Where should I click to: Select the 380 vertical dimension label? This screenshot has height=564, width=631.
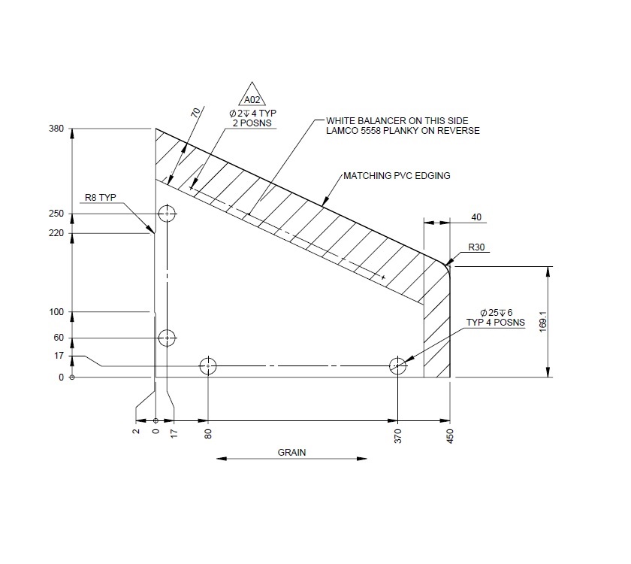pyautogui.click(x=56, y=129)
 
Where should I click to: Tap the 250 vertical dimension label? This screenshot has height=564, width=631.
pyautogui.click(x=56, y=214)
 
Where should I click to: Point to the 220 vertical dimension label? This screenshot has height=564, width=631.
pyautogui.click(x=56, y=233)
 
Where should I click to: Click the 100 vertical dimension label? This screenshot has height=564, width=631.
pyautogui.click(x=56, y=311)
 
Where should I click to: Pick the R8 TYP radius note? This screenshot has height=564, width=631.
pyautogui.click(x=100, y=197)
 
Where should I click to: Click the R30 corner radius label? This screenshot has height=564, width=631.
pyautogui.click(x=476, y=247)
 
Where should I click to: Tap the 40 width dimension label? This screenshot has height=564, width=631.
pyautogui.click(x=476, y=217)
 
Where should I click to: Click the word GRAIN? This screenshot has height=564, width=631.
pyautogui.click(x=292, y=453)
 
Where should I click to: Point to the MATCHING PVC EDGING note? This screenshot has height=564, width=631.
pyautogui.click(x=397, y=176)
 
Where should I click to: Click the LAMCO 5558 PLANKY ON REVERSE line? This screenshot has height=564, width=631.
pyautogui.click(x=403, y=131)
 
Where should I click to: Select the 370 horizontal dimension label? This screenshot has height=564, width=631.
pyautogui.click(x=398, y=435)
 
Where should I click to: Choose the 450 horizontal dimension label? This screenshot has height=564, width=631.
pyautogui.click(x=451, y=435)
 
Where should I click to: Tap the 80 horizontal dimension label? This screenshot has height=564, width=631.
pyautogui.click(x=208, y=433)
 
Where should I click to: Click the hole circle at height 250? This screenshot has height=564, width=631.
pyautogui.click(x=167, y=214)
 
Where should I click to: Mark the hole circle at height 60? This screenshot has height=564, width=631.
pyautogui.click(x=167, y=338)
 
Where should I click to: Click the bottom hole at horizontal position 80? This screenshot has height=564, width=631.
pyautogui.click(x=208, y=366)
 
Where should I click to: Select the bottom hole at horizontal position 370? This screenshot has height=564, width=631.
pyautogui.click(x=397, y=366)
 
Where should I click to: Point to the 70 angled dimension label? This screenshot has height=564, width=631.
pyautogui.click(x=196, y=113)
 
